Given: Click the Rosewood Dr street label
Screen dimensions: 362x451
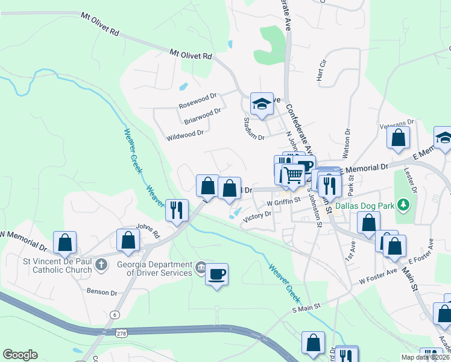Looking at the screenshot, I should pos(197,101).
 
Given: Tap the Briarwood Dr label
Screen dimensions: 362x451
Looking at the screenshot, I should pos(202,116).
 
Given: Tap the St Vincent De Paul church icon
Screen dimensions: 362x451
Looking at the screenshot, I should pos(101,264).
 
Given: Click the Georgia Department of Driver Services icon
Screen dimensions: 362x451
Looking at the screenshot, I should pos(201,266).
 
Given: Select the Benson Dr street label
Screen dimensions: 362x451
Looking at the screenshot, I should pos(101,292).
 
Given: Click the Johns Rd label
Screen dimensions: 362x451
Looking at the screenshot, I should pos(147,229).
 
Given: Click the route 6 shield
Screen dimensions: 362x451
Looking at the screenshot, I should pos(114,314).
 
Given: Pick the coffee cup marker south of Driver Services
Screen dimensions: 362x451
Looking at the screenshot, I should pos(216,275).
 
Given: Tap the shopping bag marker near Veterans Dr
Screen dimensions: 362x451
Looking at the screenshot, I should pos(399,138).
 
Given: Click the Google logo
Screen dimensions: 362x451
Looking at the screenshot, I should pos(20,354).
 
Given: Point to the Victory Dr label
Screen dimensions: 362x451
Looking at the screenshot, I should pos(256,217).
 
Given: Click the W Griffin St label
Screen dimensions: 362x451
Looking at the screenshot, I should pos(283,202).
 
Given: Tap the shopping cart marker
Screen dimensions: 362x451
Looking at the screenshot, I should pos(293,175).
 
